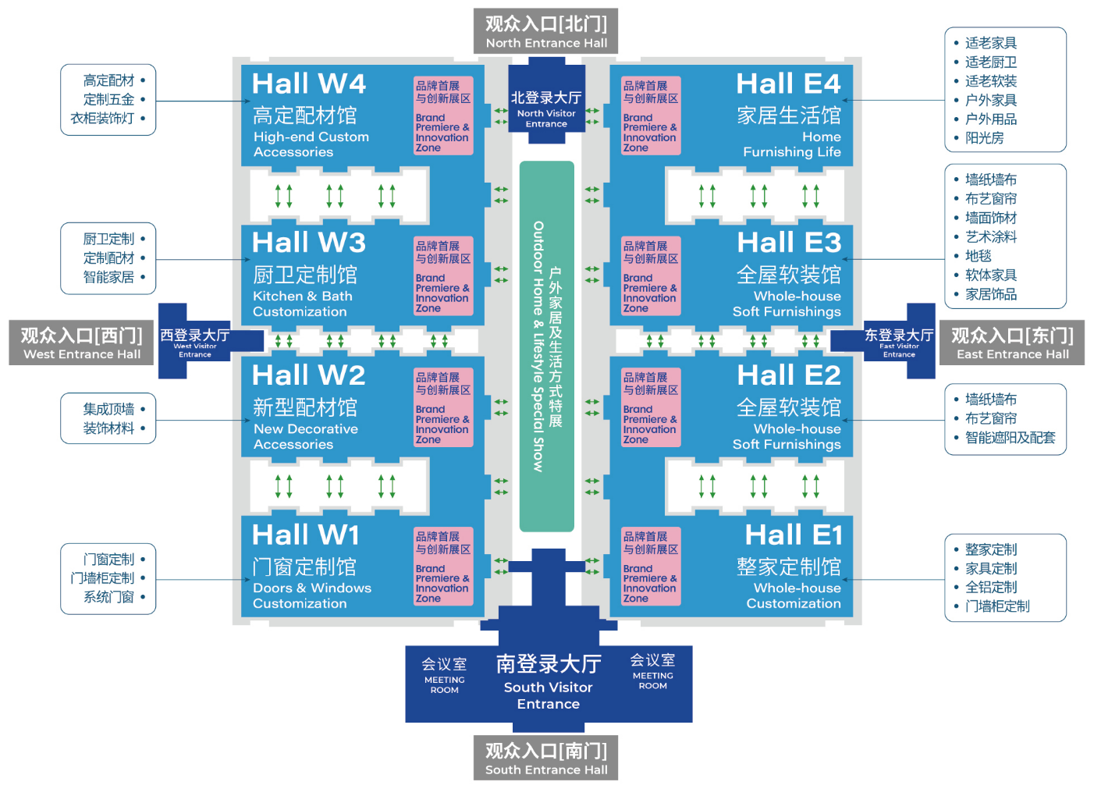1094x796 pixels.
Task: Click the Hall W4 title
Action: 309,84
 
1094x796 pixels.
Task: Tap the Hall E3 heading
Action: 789,242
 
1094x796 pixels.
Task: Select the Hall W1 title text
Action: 306,535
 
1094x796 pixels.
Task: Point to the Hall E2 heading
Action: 789,375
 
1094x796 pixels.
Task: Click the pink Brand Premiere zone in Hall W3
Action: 443,276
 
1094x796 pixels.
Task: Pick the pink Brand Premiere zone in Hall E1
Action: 651,567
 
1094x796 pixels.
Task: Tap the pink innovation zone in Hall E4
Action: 651,115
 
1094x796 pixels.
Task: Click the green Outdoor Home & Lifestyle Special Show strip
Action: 547,346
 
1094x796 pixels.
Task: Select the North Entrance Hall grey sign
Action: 546,31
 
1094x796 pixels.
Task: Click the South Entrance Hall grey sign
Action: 546,758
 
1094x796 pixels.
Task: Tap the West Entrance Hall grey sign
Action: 82,343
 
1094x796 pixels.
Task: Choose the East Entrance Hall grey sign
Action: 1012,343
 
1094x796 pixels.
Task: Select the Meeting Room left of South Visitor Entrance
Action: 445,677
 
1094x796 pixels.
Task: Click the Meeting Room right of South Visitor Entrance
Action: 653,673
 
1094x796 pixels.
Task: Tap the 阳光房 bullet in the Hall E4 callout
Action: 984,138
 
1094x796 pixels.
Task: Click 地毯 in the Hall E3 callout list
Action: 978,256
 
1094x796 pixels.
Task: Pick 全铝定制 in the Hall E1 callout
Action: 990,588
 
